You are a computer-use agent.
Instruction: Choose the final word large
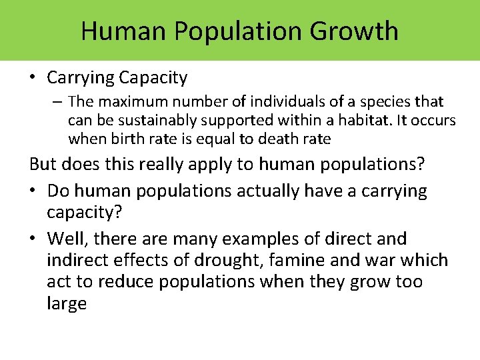[x=67, y=304]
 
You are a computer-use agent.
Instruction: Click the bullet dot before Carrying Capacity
[x=32, y=78]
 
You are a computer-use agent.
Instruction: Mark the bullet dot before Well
[x=32, y=238]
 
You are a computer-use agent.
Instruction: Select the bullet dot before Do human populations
[x=32, y=191]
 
